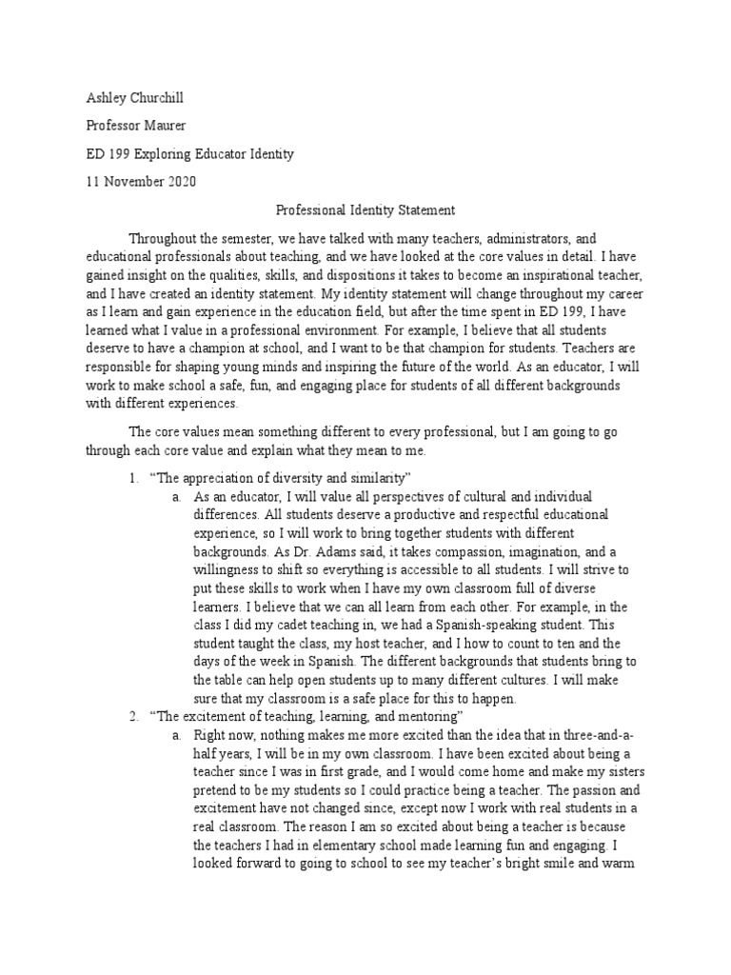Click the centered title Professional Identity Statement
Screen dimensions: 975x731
[x=365, y=209]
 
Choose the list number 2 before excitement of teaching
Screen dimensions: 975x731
[x=133, y=715]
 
